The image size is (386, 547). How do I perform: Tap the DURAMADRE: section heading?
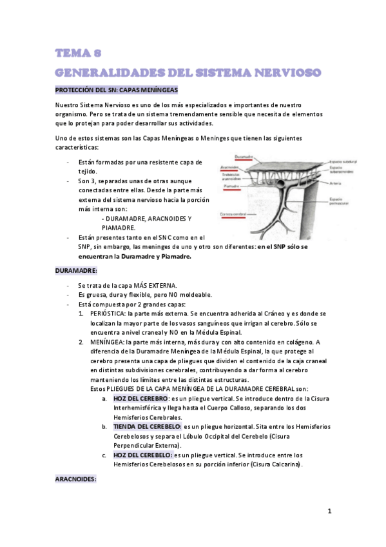(75, 271)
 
